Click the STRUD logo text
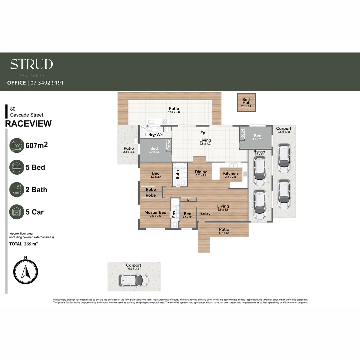tap(31, 64)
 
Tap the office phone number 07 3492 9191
tap(47, 83)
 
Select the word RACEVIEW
tap(29, 124)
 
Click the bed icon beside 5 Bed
tap(17, 167)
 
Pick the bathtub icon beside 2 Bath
tap(17, 190)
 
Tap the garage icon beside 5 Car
tap(17, 212)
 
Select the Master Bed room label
tap(155, 212)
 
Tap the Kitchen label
tap(230, 173)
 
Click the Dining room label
tap(201, 172)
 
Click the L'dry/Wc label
tap(154, 135)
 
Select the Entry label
tap(205, 214)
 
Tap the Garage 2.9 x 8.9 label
tap(259, 153)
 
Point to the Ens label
tap(174, 214)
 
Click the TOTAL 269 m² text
tap(23, 244)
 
